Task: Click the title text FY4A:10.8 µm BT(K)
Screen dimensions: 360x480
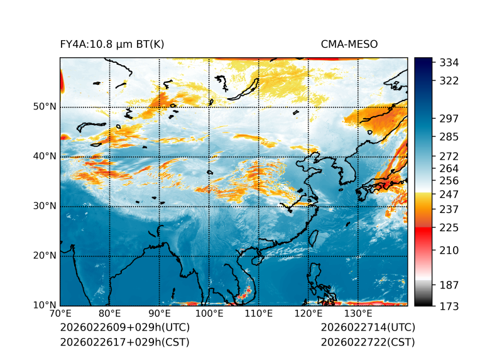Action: point(112,44)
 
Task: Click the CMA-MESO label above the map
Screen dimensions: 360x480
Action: point(349,44)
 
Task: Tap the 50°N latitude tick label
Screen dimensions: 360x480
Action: point(45,107)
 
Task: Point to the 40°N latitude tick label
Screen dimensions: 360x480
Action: point(45,156)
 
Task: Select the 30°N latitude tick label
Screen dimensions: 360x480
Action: point(45,206)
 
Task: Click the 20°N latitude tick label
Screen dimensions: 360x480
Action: point(45,256)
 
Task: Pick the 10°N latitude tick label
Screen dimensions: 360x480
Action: point(45,305)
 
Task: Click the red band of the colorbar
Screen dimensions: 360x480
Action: point(423,231)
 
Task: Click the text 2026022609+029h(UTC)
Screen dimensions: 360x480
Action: point(124,327)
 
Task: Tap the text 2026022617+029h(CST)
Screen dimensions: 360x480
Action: point(124,342)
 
